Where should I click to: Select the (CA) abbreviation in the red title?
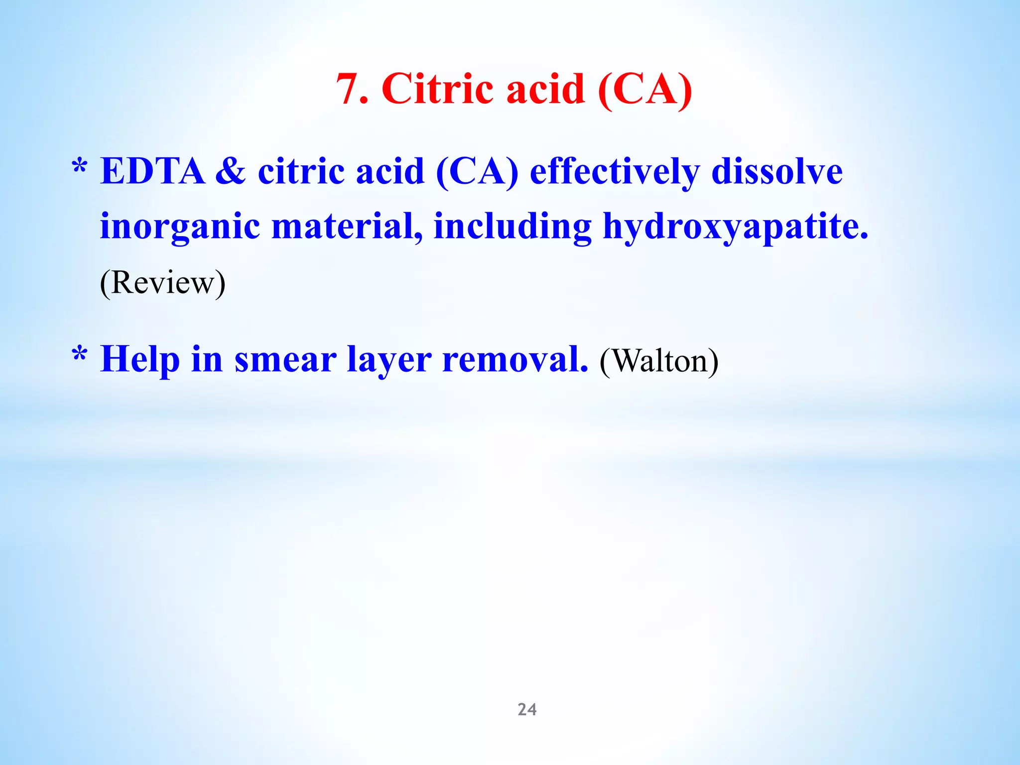644,89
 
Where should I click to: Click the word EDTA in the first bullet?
152,171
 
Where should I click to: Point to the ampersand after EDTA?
230,171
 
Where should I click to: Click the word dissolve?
777,171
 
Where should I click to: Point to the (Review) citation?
162,283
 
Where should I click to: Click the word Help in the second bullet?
140,360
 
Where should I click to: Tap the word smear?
285,360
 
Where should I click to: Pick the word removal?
515,359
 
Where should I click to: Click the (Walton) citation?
659,361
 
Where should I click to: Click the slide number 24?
527,709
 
